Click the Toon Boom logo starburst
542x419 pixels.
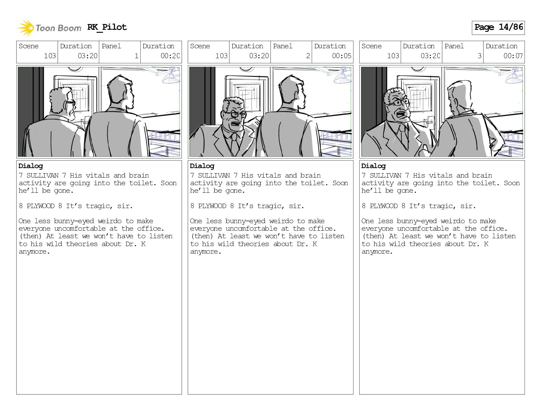click(x=26, y=28)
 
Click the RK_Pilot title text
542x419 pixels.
click(x=107, y=27)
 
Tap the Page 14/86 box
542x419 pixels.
click(x=498, y=28)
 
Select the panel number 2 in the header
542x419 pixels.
click(x=308, y=56)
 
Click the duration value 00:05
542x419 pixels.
click(x=341, y=56)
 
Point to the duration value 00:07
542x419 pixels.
click(x=513, y=56)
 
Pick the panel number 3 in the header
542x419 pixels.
click(x=480, y=56)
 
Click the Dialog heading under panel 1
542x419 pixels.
click(x=31, y=166)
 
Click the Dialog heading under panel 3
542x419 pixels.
click(x=373, y=166)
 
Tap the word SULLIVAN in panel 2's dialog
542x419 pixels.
click(x=214, y=175)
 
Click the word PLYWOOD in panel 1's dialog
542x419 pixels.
click(x=40, y=206)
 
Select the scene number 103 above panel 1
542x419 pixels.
click(x=50, y=56)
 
